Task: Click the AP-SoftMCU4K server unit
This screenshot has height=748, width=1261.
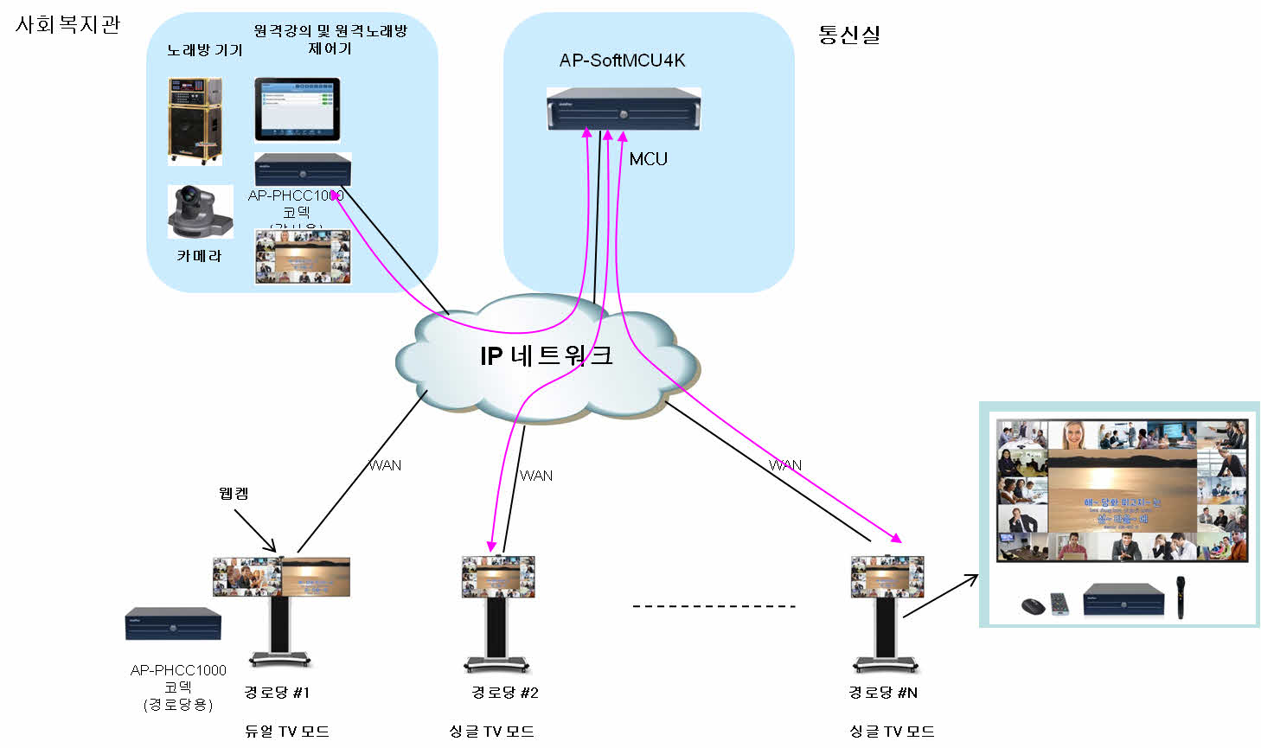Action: (x=623, y=110)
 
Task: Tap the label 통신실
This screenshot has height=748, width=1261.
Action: (x=848, y=35)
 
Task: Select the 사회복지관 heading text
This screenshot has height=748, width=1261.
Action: (x=67, y=24)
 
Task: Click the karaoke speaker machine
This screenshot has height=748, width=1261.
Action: (x=195, y=121)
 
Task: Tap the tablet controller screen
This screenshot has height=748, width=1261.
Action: (x=298, y=108)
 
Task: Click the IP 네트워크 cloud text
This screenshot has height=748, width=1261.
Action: (x=546, y=355)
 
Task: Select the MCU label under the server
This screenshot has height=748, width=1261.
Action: (x=648, y=159)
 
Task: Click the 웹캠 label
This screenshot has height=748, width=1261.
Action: (x=234, y=494)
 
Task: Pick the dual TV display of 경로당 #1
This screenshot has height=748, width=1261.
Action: (x=282, y=577)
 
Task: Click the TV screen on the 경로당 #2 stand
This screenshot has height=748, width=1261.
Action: (x=497, y=577)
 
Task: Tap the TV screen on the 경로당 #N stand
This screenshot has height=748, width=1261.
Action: (x=887, y=577)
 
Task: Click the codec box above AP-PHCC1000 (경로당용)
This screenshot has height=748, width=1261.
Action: (x=173, y=623)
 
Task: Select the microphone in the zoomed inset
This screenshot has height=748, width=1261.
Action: (x=1180, y=597)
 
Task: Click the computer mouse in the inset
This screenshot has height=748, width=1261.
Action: (x=1033, y=605)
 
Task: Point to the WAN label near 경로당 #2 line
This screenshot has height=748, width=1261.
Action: (x=536, y=476)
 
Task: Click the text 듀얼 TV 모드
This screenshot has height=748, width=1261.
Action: (x=286, y=732)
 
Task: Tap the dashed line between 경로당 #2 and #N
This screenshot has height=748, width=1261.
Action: (x=714, y=606)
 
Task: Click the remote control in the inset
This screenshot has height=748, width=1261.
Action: (x=1060, y=603)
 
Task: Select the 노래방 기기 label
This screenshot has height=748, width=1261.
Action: (x=205, y=50)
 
